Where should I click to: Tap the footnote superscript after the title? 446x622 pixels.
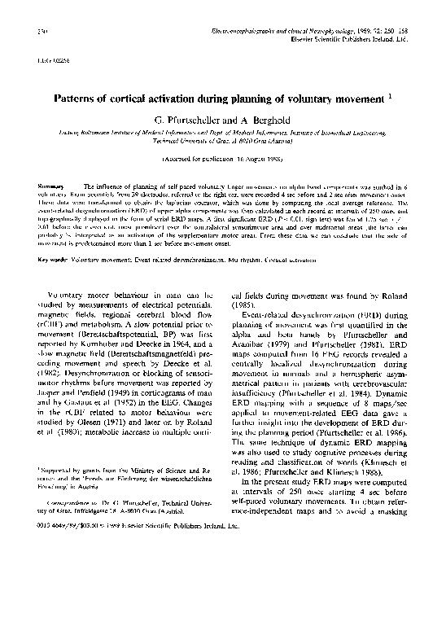[x=390, y=95]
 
